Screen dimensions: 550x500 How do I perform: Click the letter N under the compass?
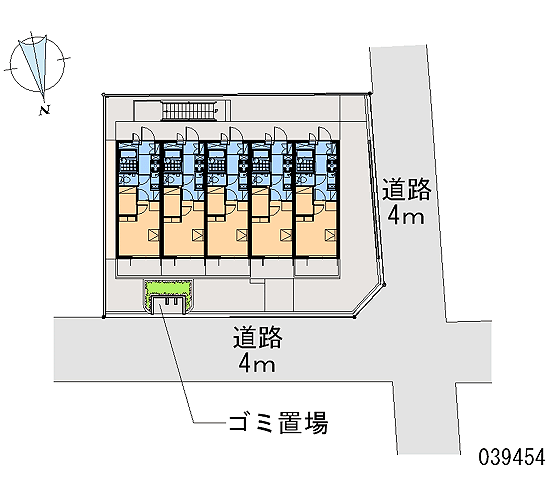[45, 110]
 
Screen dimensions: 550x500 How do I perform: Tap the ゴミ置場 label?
[279, 423]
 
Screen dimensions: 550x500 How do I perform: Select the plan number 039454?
[512, 457]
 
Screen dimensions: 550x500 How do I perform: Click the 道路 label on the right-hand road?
[407, 189]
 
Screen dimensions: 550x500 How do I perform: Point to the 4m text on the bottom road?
[257, 364]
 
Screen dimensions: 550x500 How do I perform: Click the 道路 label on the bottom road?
[258, 337]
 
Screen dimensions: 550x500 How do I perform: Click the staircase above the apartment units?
[188, 110]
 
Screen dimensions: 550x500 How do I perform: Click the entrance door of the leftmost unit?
[146, 134]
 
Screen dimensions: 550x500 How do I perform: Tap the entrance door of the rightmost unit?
[324, 134]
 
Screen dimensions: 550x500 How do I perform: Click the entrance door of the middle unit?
[235, 134]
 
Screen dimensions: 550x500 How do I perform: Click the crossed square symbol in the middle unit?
[242, 235]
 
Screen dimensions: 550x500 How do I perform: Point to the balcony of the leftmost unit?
[138, 267]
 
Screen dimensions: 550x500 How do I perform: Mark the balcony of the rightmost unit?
[317, 267]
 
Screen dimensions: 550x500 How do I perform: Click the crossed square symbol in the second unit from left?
[198, 235]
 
